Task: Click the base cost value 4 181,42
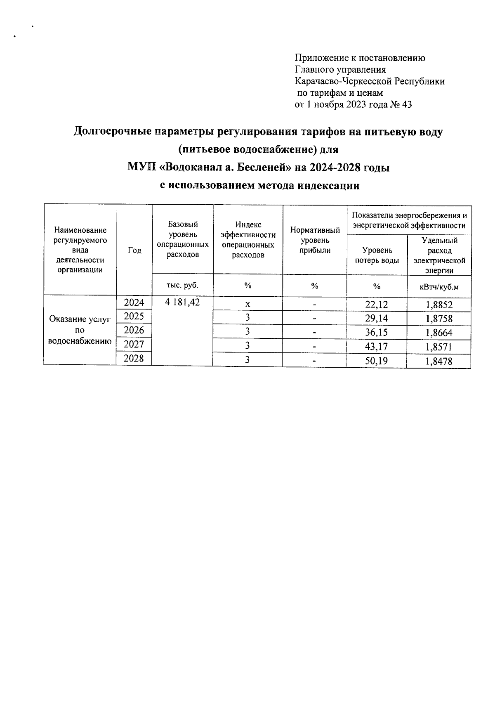(x=182, y=302)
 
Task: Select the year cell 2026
(x=134, y=330)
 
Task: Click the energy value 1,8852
(x=439, y=305)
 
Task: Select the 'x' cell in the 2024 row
(x=247, y=304)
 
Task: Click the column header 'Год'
(x=134, y=250)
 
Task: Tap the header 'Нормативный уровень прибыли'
(x=315, y=240)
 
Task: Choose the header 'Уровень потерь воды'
(x=377, y=255)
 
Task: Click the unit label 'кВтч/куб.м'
(x=439, y=287)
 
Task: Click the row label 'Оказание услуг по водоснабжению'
(x=80, y=330)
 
